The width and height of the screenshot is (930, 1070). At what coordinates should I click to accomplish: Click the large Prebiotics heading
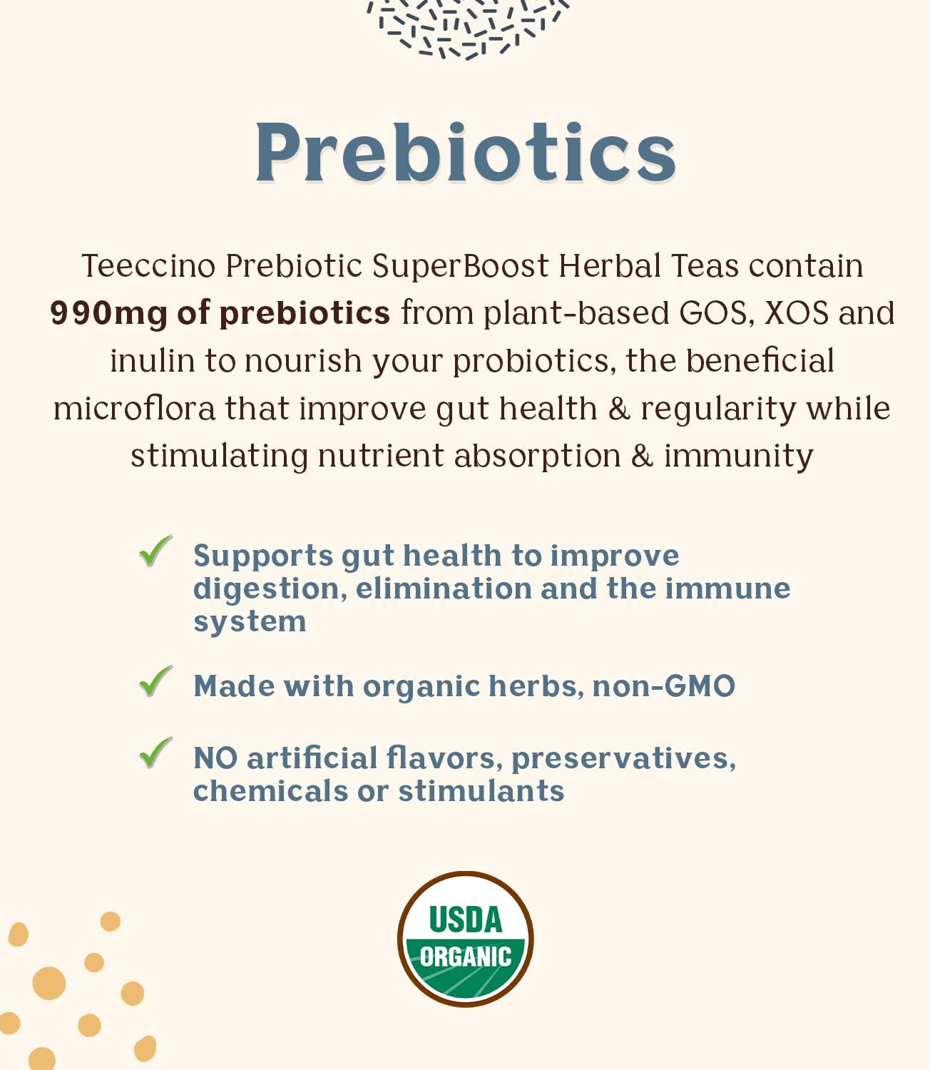(x=465, y=152)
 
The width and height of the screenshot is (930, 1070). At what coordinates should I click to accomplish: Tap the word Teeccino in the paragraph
(x=148, y=265)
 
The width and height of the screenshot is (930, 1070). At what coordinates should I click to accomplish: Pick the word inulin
(x=152, y=361)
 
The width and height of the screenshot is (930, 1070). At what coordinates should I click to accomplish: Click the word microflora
(x=134, y=409)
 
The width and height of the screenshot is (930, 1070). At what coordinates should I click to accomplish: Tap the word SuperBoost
(x=460, y=265)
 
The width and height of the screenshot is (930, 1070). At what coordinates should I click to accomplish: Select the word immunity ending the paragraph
(x=739, y=456)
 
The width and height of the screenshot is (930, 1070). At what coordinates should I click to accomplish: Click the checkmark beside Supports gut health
(x=155, y=550)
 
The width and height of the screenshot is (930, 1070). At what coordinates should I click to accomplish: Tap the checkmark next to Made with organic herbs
(x=155, y=681)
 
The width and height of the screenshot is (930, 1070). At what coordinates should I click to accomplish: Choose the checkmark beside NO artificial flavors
(x=155, y=752)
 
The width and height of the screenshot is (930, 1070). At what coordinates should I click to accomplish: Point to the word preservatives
(x=623, y=759)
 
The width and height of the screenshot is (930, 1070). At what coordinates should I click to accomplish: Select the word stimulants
(x=481, y=790)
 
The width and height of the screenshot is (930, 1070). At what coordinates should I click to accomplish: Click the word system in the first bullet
(x=250, y=623)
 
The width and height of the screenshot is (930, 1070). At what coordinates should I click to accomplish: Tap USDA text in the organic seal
(x=465, y=919)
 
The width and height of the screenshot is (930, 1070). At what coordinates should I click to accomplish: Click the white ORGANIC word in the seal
(x=465, y=957)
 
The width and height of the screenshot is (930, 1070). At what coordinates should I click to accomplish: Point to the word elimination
(x=444, y=588)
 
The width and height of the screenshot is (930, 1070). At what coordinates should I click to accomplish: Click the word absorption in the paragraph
(x=538, y=456)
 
